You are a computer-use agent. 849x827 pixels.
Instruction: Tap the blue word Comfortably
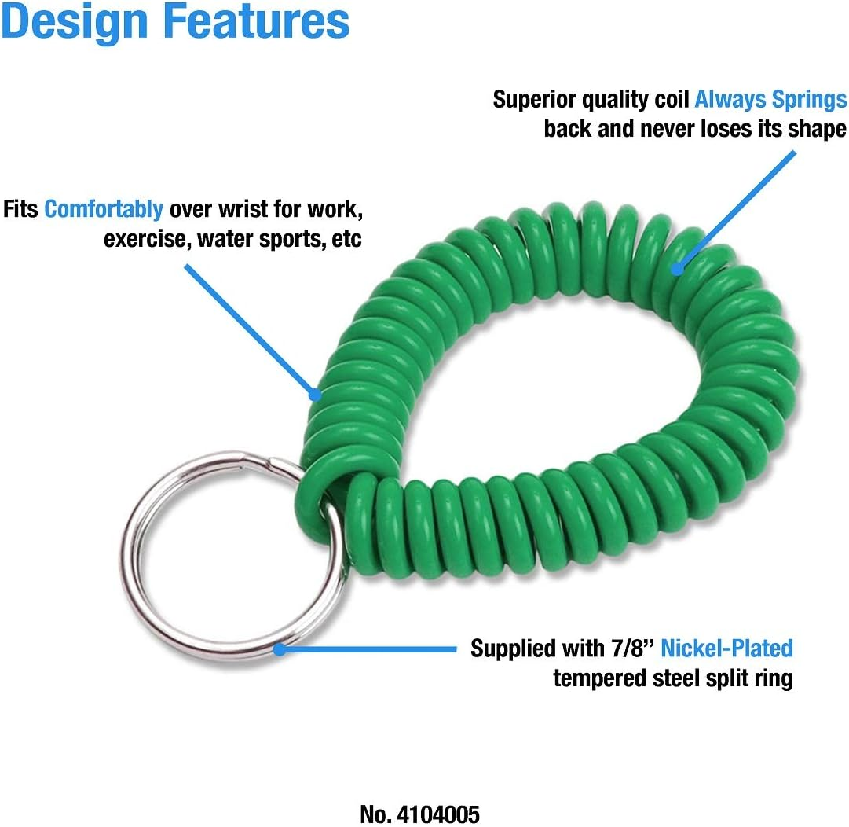104,210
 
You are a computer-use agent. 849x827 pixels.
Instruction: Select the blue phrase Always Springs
770,99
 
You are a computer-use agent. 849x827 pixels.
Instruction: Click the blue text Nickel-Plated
726,648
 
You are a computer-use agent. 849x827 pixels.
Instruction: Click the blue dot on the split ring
280,649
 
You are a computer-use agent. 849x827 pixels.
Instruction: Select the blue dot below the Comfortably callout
315,394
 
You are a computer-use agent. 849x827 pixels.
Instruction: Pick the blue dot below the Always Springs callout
677,267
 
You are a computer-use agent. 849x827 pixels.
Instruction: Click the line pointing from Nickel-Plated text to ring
369,649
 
